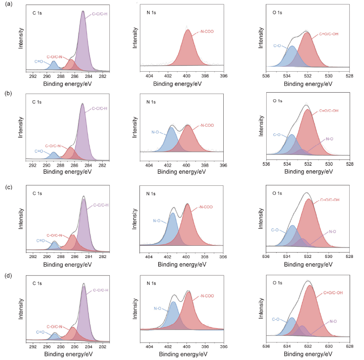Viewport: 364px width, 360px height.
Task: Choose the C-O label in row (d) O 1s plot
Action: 277,319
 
